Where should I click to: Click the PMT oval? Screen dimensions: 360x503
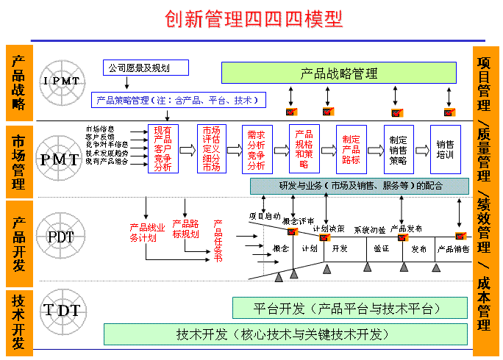[x=62, y=157]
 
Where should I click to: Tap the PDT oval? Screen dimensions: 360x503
[x=62, y=237]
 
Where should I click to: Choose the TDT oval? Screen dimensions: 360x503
[x=62, y=310]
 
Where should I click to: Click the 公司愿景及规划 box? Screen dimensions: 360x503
[x=145, y=68]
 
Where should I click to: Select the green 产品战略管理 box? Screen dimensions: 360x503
[x=339, y=73]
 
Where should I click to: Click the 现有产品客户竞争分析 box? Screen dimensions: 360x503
[x=163, y=149]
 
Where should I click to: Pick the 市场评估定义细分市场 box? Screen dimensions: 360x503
[x=211, y=149]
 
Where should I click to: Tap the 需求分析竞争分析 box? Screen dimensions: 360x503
[x=257, y=149]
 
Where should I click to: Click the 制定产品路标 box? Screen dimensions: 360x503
[x=351, y=149]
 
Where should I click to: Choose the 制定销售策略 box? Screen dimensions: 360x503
[x=398, y=149]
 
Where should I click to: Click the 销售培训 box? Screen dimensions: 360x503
[x=445, y=149]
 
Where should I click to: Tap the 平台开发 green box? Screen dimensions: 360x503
[x=349, y=308]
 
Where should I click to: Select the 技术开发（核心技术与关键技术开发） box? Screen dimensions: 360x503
[x=285, y=334]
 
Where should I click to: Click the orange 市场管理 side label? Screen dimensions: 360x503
[x=18, y=158]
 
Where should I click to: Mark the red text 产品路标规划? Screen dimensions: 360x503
[x=185, y=229]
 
